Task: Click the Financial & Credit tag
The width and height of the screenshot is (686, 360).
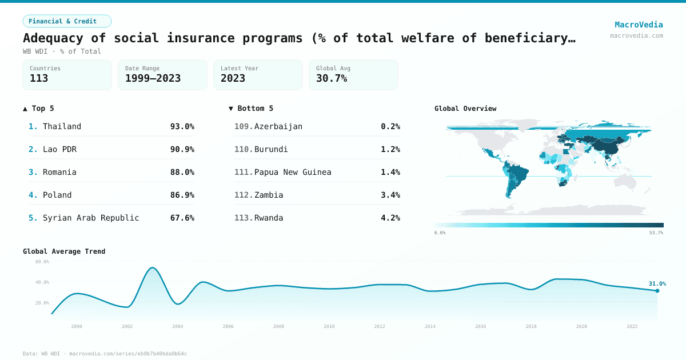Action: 67,21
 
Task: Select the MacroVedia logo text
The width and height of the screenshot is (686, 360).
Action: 639,25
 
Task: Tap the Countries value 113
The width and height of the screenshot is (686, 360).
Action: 39,78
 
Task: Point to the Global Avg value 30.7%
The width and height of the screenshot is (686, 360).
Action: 332,78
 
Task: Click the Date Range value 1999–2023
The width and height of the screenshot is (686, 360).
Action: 153,78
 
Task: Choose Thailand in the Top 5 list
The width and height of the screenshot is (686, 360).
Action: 62,126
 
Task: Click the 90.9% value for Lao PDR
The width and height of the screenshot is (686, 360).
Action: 182,149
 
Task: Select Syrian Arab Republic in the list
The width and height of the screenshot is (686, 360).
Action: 91,218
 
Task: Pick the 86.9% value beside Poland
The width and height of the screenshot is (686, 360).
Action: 182,195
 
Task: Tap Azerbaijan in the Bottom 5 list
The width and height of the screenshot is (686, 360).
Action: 278,126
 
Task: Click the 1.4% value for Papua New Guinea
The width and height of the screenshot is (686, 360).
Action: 390,172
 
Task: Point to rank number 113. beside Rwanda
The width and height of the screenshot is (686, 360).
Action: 244,218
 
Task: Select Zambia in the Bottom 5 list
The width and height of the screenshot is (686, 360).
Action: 269,195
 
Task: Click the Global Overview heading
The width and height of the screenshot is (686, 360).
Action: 465,109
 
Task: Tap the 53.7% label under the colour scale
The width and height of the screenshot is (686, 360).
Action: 656,233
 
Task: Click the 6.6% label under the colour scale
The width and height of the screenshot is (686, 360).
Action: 440,233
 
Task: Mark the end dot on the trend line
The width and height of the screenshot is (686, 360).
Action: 657,291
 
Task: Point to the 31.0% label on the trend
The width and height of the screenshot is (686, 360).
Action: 657,283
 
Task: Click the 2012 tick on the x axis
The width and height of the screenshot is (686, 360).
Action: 380,326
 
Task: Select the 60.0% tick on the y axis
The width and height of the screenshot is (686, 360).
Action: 42,262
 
